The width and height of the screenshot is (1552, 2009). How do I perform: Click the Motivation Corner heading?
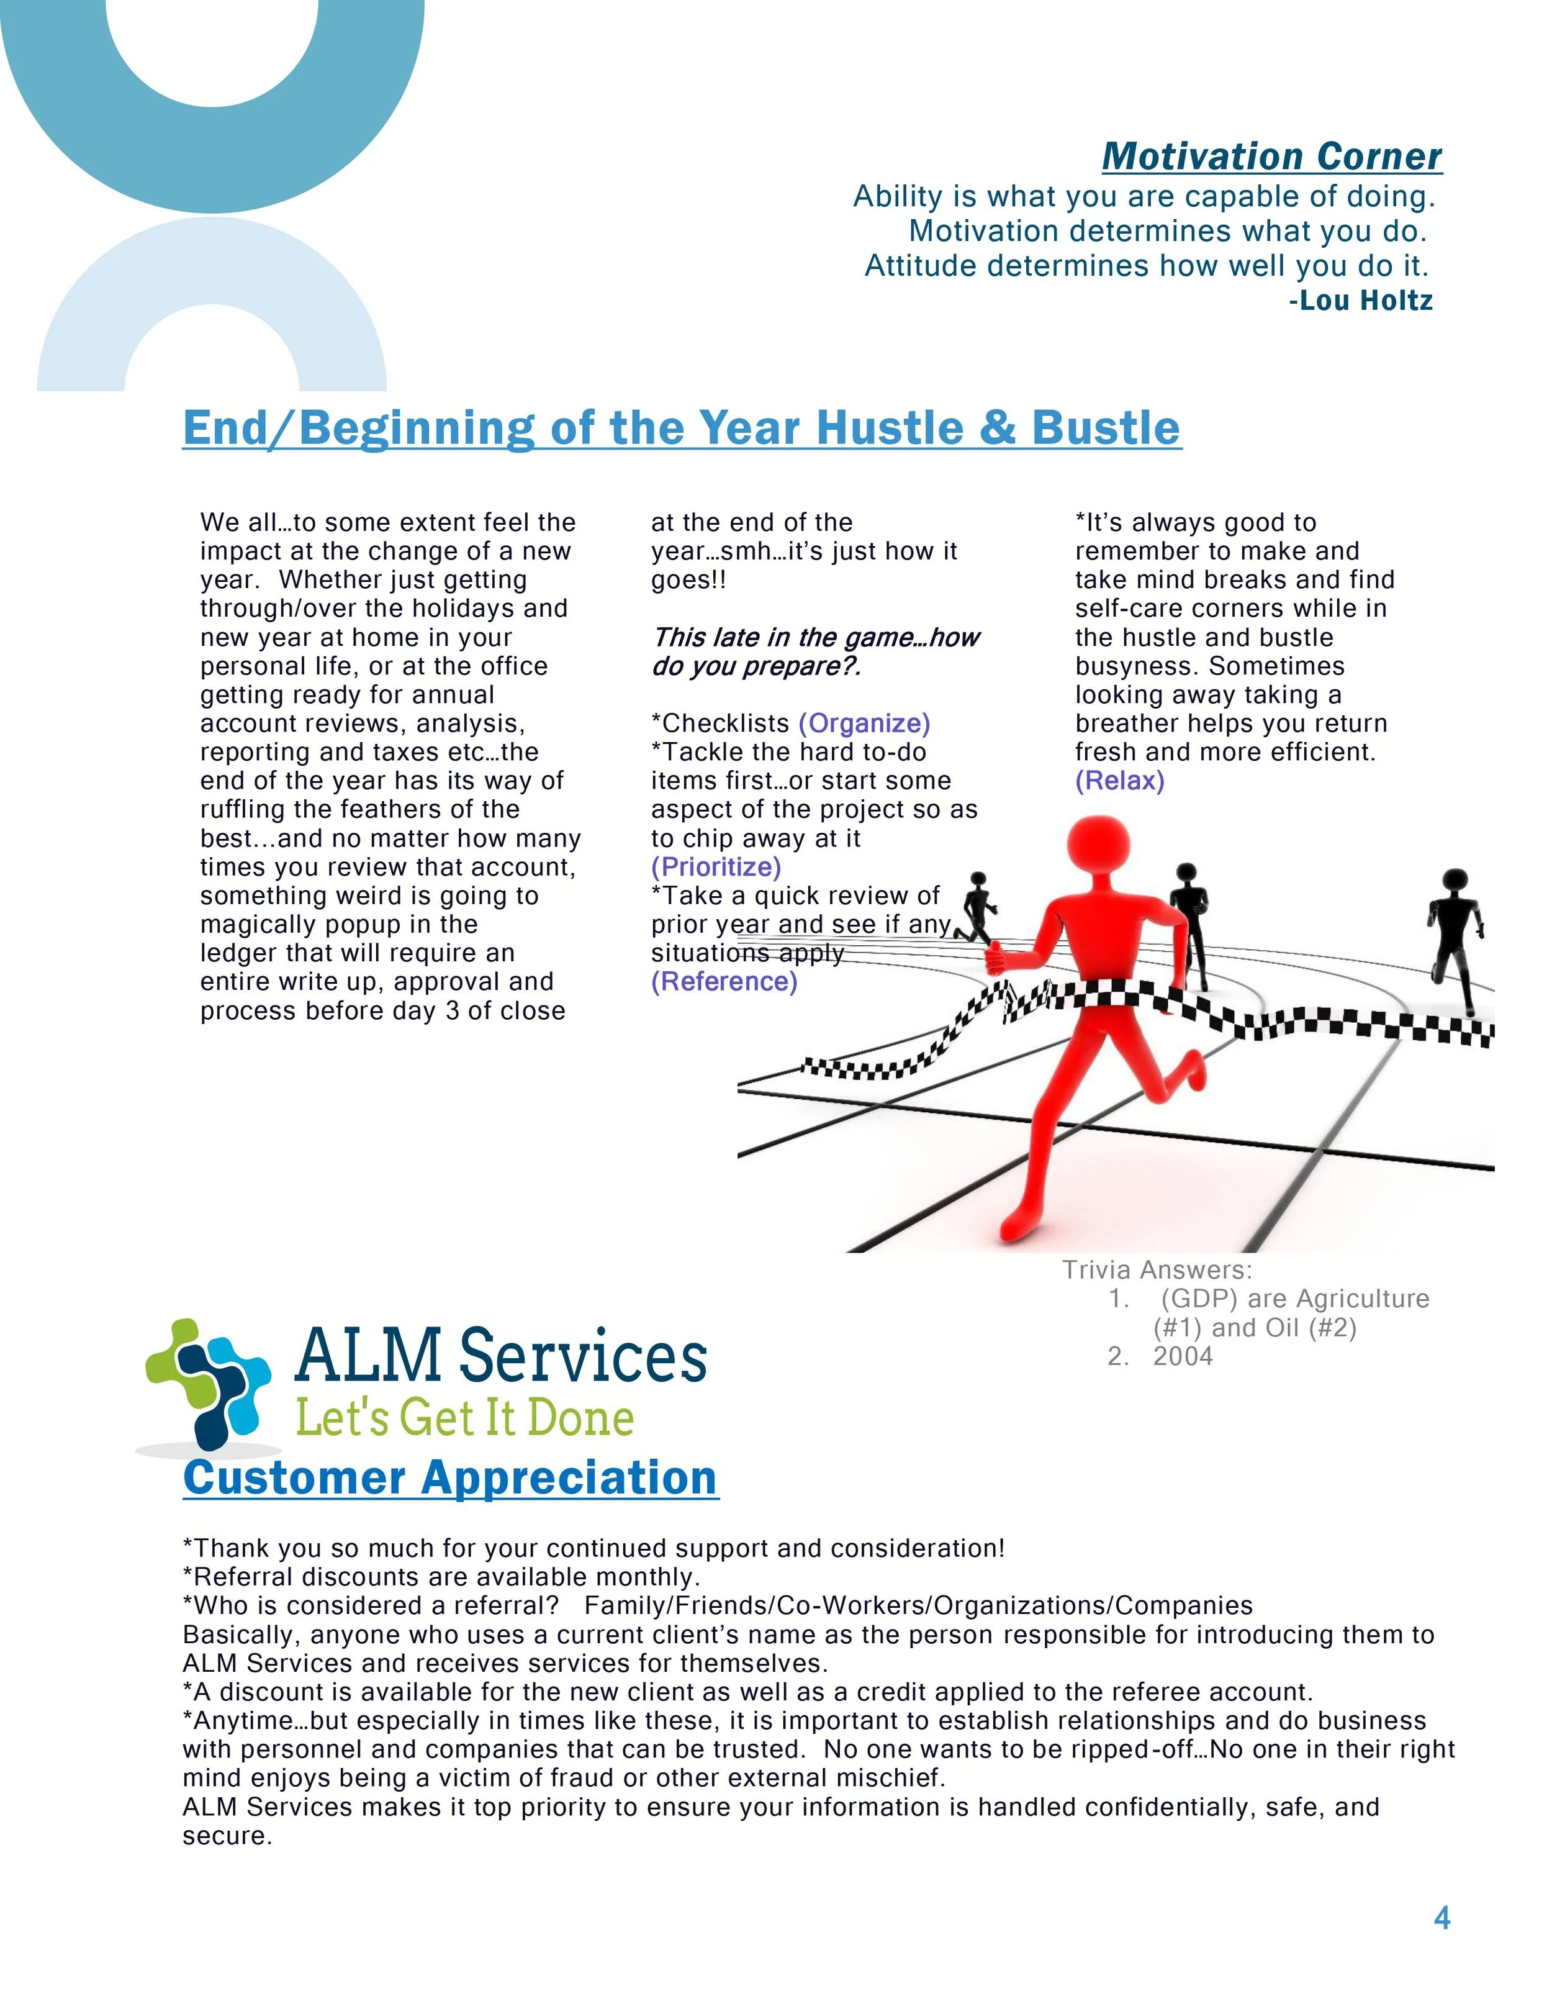[1271, 156]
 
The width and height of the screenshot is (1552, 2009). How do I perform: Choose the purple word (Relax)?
[1119, 781]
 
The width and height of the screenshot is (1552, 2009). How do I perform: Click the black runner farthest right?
[1454, 929]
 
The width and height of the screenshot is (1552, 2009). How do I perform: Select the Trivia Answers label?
[1157, 1271]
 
